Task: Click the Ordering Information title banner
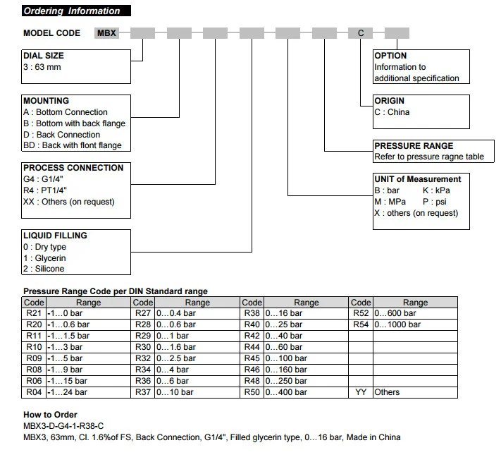point(76,11)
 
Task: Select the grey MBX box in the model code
point(106,33)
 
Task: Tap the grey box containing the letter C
point(360,33)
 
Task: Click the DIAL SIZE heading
point(44,56)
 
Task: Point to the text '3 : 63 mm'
point(42,67)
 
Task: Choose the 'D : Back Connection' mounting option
point(62,135)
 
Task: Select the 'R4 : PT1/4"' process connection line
point(45,190)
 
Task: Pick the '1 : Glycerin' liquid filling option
point(44,258)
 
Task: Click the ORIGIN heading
point(389,101)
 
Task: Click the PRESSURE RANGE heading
point(414,146)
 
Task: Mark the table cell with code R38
point(252,313)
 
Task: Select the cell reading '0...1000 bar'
point(415,324)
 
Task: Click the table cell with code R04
point(34,392)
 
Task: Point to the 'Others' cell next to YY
point(415,392)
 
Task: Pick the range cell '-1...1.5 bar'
point(89,336)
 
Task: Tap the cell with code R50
point(252,392)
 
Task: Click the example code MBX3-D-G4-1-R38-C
point(63,426)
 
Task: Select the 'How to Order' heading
point(50,415)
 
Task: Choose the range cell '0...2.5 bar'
point(197,358)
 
